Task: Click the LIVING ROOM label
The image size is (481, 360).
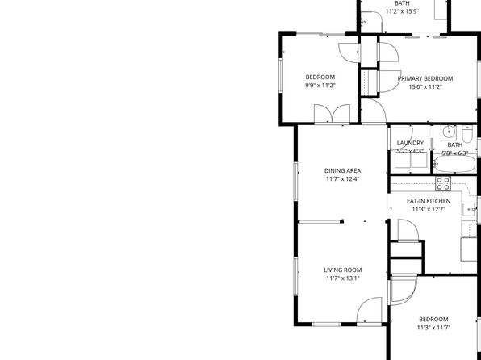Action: point(343,270)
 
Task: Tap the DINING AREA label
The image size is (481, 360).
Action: point(343,170)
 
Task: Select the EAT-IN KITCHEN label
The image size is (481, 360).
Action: point(429,201)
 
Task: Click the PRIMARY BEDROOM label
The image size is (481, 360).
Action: point(425,78)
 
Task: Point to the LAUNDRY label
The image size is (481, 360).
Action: point(410,143)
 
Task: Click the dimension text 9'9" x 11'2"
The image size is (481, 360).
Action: point(320,86)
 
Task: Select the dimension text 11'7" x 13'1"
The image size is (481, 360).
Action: point(343,278)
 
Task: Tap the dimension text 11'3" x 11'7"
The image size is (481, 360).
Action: point(433,328)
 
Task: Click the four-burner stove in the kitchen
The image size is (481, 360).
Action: point(443,183)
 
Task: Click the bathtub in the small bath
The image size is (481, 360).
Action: point(454,164)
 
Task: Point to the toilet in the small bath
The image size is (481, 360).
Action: point(467,134)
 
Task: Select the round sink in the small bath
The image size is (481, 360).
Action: point(449,132)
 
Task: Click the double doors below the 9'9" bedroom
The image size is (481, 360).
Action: point(333,114)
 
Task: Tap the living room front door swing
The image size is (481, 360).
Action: point(370,310)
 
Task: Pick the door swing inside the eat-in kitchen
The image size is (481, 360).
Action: point(408,230)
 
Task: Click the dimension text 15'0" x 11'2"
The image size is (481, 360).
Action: point(425,87)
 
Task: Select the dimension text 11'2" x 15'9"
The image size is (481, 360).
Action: point(402,11)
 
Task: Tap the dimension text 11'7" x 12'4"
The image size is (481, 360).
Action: point(343,179)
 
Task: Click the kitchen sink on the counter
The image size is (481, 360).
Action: point(469,209)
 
